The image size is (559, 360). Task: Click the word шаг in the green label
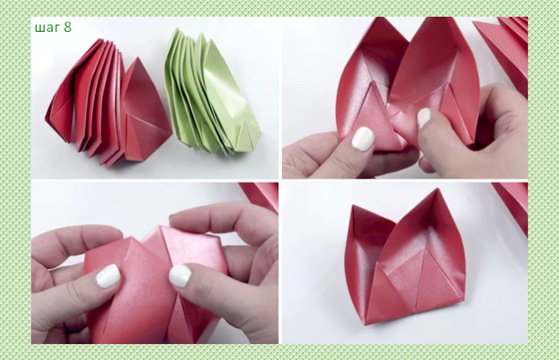(48, 28)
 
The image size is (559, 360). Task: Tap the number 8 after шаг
(68, 27)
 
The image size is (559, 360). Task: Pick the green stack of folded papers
(212, 93)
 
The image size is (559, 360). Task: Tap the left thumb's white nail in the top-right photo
(363, 138)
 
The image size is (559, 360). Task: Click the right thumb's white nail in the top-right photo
(424, 117)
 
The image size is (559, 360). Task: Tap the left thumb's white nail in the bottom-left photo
(108, 276)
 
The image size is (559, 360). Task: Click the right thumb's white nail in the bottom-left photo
(180, 276)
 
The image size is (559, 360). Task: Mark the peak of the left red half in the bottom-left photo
(131, 237)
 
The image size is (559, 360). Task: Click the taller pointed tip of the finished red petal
(437, 189)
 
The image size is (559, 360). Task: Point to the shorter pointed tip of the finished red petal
(353, 206)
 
